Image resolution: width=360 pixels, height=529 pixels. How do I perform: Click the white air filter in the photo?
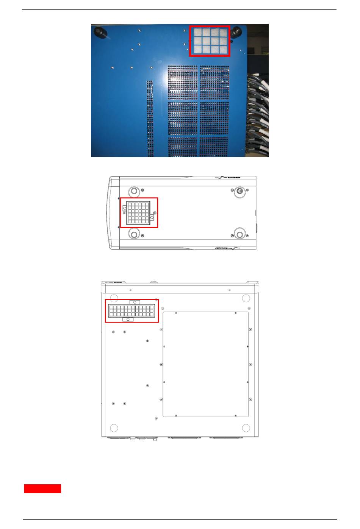(210, 41)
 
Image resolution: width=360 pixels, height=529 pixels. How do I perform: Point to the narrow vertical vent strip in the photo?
(150, 117)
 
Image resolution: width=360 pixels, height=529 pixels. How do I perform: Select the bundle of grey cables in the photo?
(258, 114)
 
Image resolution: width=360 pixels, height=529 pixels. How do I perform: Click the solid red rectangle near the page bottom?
(42, 488)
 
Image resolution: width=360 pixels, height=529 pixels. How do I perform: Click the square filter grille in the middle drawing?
(138, 212)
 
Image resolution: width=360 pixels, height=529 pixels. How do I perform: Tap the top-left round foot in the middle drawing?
(133, 191)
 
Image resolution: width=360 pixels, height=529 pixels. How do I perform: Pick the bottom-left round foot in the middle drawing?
(133, 234)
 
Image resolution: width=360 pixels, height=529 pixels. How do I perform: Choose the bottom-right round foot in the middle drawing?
(239, 234)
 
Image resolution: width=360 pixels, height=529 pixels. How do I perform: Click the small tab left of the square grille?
(125, 208)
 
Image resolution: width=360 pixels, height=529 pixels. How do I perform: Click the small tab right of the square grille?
(152, 218)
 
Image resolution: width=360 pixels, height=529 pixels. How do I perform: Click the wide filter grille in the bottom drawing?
(131, 311)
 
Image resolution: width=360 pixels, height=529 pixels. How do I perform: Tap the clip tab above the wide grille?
(135, 302)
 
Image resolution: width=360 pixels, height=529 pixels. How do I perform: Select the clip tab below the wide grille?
(128, 320)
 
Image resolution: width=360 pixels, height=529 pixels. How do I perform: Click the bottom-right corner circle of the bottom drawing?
(246, 428)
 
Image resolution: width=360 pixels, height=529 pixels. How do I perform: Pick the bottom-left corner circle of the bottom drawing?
(113, 428)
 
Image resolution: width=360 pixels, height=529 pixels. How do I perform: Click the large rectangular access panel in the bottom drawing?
(206, 364)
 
